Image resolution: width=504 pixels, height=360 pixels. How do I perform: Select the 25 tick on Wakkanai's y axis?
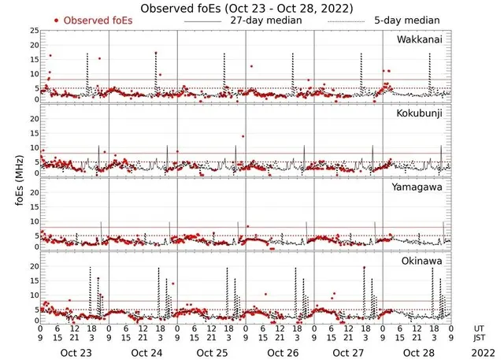[32, 31]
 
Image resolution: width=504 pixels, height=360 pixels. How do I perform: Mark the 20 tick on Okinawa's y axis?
[32, 267]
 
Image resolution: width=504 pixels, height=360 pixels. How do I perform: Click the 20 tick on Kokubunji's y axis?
[32, 119]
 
